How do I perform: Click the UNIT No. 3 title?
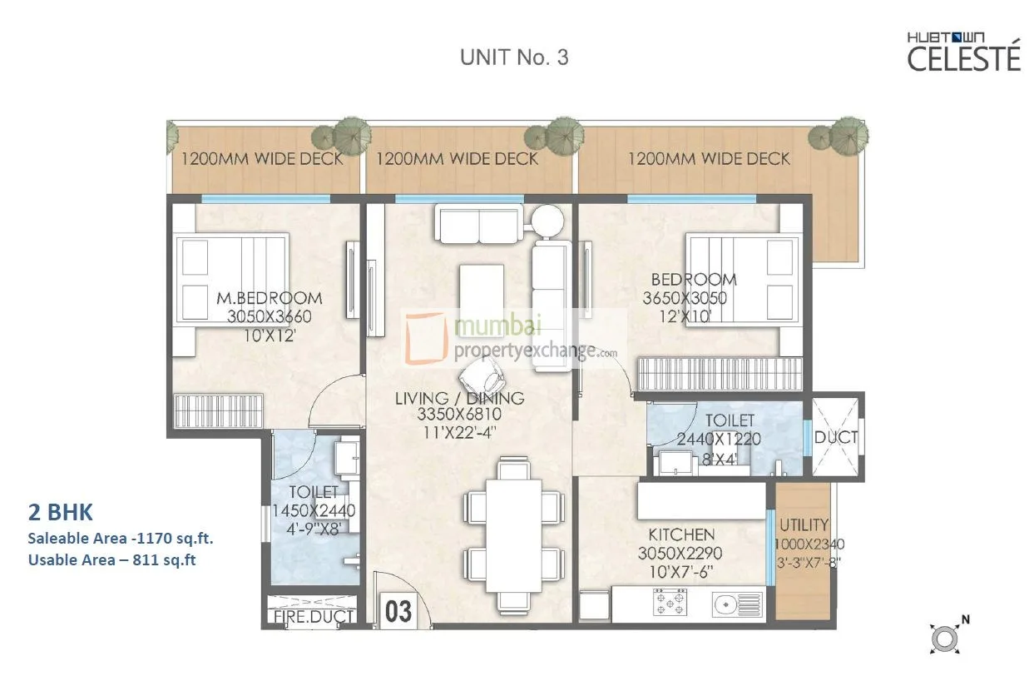click(x=514, y=57)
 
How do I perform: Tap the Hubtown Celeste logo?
click(x=963, y=52)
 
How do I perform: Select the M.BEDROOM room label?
click(x=269, y=298)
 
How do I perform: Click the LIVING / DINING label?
click(x=459, y=399)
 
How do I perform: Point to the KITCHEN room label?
click(x=681, y=534)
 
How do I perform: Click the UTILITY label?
click(x=803, y=525)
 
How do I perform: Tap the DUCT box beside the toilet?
click(x=836, y=437)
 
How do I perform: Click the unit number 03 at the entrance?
click(x=398, y=612)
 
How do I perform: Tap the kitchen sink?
click(x=736, y=604)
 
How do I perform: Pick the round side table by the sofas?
click(x=547, y=221)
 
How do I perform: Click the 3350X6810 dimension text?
click(x=459, y=416)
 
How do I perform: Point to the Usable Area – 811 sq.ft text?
click(x=112, y=560)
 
